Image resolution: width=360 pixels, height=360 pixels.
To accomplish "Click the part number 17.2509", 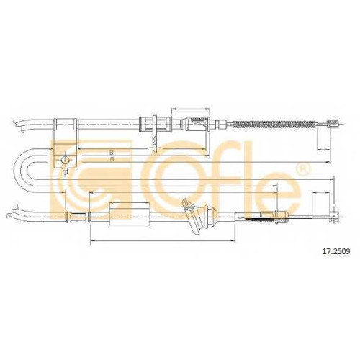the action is [x=336, y=251].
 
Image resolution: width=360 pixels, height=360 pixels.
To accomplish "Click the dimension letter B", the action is [x=111, y=152].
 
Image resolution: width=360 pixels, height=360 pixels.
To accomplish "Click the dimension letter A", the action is [x=112, y=159].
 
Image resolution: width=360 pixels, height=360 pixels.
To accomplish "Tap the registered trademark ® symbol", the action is [x=303, y=168].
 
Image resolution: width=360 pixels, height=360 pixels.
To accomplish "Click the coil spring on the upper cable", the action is [x=273, y=125].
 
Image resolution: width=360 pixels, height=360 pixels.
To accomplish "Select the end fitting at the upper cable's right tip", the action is [x=333, y=124].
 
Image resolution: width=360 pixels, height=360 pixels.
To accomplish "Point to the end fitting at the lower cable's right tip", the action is [x=335, y=217].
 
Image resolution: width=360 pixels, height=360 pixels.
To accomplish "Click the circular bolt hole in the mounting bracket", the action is [x=65, y=160].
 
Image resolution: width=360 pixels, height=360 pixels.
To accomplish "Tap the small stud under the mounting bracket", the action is [x=66, y=171].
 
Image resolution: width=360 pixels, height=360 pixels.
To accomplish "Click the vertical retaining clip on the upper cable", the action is [x=154, y=133].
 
